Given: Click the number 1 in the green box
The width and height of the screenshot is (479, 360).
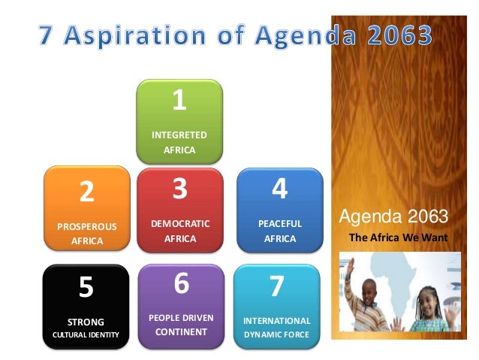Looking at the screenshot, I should pyautogui.click(x=179, y=100).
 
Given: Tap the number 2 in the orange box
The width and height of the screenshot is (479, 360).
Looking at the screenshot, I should pyautogui.click(x=87, y=192).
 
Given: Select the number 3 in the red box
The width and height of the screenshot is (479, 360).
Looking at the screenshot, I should pyautogui.click(x=179, y=189).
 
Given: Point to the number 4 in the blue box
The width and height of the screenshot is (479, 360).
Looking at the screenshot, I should pyautogui.click(x=279, y=189).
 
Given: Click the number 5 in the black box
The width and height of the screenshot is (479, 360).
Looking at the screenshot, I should pyautogui.click(x=86, y=287).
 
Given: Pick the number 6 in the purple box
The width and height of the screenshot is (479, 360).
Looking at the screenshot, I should pyautogui.click(x=180, y=284).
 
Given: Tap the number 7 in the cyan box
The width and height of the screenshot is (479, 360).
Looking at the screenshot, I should pyautogui.click(x=276, y=287).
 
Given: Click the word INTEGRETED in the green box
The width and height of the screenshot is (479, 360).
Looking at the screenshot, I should pyautogui.click(x=179, y=135).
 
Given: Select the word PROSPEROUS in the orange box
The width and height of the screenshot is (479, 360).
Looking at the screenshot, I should pyautogui.click(x=87, y=225).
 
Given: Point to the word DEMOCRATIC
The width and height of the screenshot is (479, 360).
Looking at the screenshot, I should pyautogui.click(x=180, y=223).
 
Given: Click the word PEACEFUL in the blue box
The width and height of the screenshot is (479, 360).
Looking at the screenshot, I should pyautogui.click(x=279, y=223).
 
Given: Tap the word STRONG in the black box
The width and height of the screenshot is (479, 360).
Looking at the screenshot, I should pyautogui.click(x=86, y=322).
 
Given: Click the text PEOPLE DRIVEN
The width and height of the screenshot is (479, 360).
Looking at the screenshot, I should pyautogui.click(x=181, y=318).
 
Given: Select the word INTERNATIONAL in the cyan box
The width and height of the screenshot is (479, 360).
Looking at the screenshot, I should pyautogui.click(x=276, y=321).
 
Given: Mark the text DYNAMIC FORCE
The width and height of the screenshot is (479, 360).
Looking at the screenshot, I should pyautogui.click(x=276, y=334).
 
